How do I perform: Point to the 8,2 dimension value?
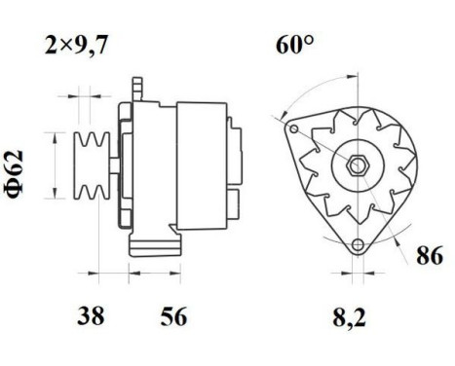point(355,316)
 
